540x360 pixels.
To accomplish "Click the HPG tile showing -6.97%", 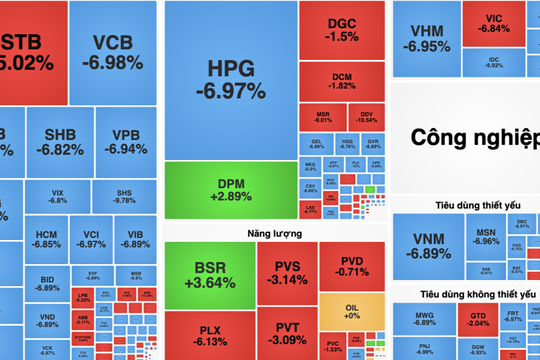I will pyautogui.click(x=230, y=80).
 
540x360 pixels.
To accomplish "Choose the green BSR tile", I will pyautogui.click(x=208, y=274).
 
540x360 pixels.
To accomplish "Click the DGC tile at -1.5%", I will pyautogui.click(x=342, y=29).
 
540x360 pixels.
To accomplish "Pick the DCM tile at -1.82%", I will pyautogui.click(x=342, y=80).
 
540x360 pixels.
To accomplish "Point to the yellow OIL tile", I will pyautogui.click(x=352, y=309).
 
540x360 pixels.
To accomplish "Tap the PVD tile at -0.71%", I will pyautogui.click(x=351, y=265).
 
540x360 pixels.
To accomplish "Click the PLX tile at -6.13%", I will pyautogui.click(x=208, y=334).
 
